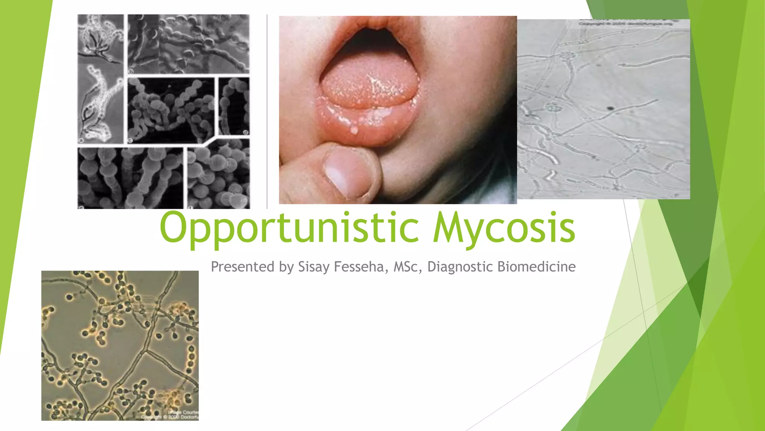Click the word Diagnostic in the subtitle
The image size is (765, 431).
click(x=460, y=267)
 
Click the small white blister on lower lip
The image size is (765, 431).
click(x=354, y=130)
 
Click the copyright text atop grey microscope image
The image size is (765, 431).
click(x=626, y=24)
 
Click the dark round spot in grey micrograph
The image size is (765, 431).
click(x=611, y=109)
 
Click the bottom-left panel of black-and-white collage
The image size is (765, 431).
click(x=130, y=178)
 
